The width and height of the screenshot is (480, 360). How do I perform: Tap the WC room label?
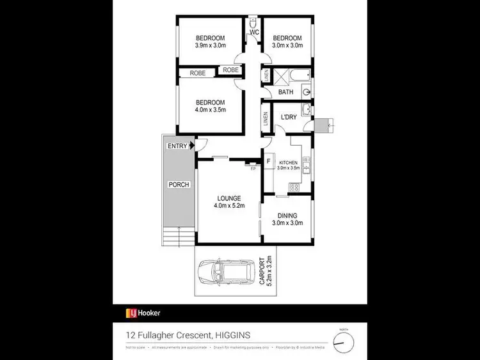point(254,32)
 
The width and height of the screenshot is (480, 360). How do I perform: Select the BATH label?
point(285,92)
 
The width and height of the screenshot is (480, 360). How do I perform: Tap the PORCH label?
point(177,185)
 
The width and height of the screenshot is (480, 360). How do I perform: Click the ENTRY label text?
point(177,146)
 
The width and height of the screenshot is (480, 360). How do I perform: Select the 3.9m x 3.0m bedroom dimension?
point(211,45)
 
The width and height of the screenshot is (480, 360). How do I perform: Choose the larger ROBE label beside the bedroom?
point(197,74)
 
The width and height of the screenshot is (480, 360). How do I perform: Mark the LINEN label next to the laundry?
point(266,119)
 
